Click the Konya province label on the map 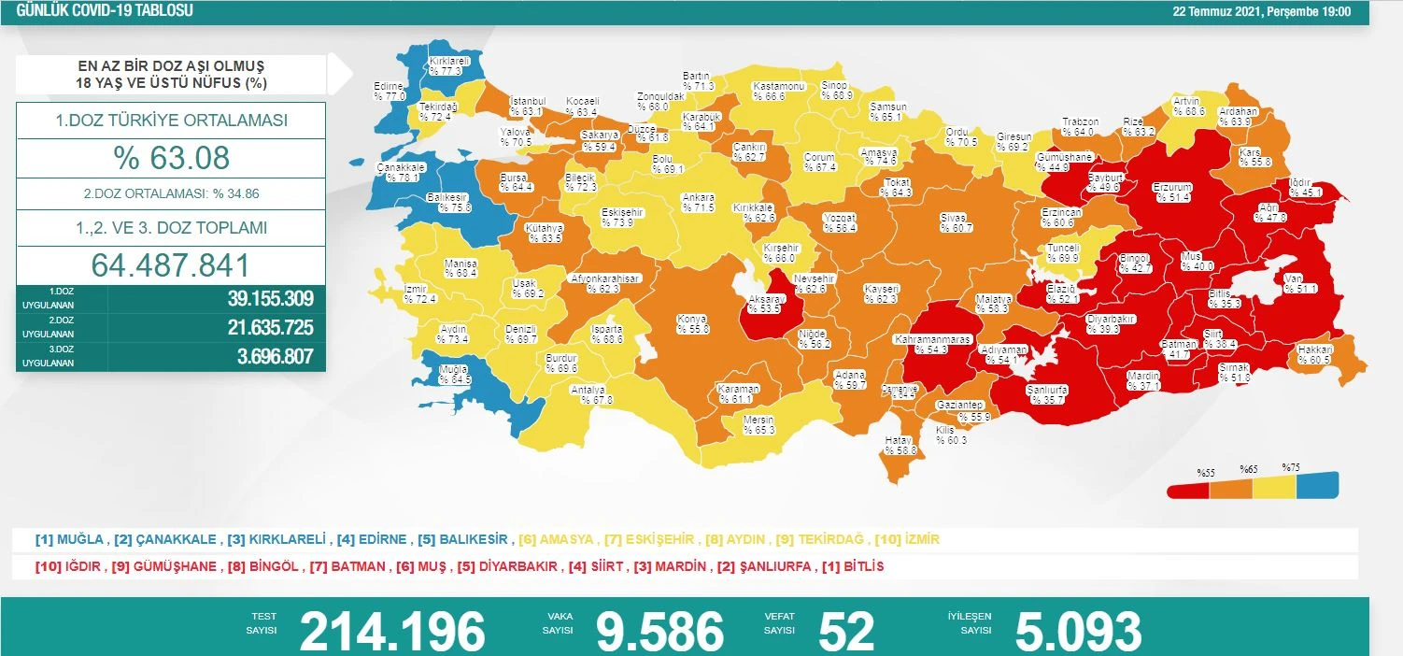coord(691,324)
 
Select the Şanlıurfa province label coord(1046,393)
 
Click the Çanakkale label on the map coord(401,172)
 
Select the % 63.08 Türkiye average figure coord(171,158)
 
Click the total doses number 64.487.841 coord(171,265)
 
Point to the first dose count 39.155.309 coord(269,299)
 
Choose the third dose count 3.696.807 coord(269,356)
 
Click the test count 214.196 coord(392,632)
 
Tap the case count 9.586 coord(659,632)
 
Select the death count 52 coord(845,632)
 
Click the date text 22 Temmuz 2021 coord(1220,12)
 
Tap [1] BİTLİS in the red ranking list coord(852,566)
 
